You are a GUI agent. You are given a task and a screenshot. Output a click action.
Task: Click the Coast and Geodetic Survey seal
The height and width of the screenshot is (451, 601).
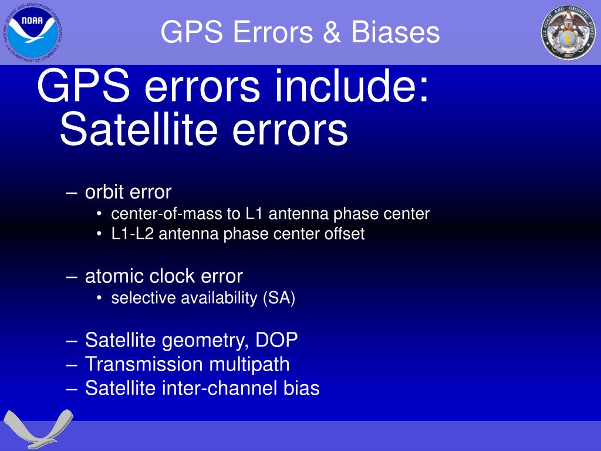[568, 32]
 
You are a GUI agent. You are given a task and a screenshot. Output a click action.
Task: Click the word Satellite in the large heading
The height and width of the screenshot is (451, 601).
[141, 130]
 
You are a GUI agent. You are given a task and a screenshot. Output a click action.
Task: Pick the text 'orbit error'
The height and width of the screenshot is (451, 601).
[128, 192]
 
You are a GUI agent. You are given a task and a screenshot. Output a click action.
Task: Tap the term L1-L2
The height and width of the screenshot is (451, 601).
[133, 234]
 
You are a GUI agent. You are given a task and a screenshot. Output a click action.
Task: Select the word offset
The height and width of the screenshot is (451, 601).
[345, 234]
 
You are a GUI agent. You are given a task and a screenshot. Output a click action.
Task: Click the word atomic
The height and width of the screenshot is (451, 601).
[114, 276]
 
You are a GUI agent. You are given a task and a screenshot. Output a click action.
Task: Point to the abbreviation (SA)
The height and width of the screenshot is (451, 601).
[279, 298]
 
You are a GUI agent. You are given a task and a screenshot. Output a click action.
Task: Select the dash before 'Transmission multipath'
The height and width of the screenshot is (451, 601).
[73, 365]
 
